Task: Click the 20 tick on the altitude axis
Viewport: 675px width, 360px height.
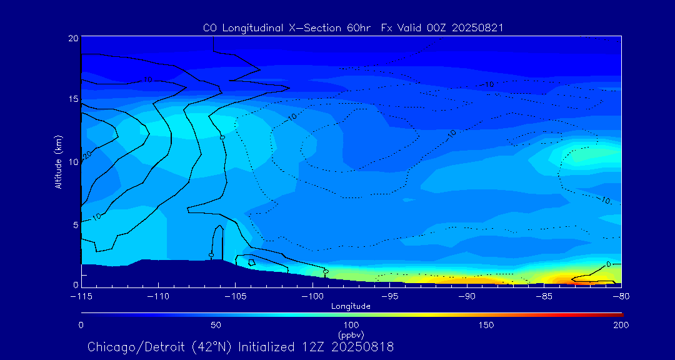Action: coord(73,38)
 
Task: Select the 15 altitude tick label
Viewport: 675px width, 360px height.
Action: coord(73,99)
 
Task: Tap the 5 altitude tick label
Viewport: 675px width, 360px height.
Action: coord(76,224)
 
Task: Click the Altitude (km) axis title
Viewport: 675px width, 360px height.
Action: coord(58,162)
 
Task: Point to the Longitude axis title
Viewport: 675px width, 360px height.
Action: coord(351,306)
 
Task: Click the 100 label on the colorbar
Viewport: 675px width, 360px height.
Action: coord(351,325)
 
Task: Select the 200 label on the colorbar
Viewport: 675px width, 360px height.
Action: coord(621,325)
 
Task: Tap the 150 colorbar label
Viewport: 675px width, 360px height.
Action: coord(486,325)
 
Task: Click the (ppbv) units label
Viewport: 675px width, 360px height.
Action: coord(351,335)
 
